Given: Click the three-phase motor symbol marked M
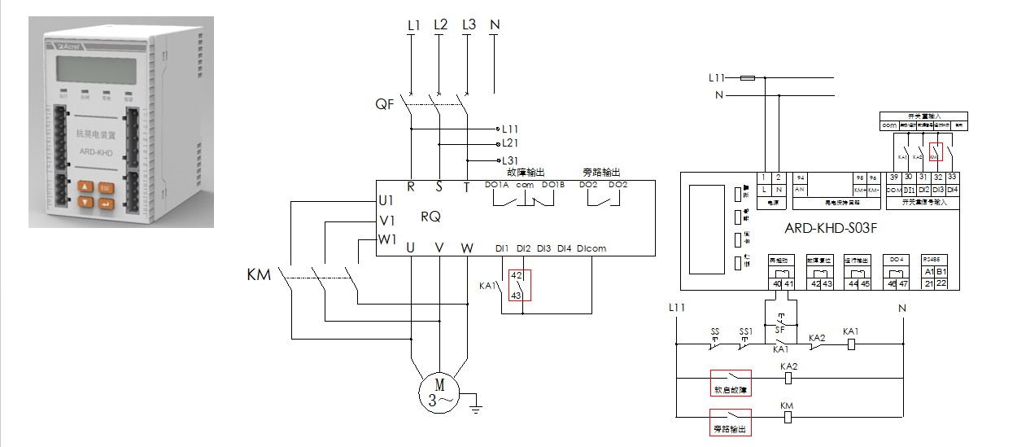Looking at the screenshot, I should click(439, 391).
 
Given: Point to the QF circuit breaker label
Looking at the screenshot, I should click(386, 105).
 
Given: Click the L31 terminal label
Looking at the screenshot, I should click(510, 160).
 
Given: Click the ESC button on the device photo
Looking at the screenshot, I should click(106, 186).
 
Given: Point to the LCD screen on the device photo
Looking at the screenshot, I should click(90, 72).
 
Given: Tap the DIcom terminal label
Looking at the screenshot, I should click(591, 248).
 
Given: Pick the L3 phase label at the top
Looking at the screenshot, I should click(468, 24).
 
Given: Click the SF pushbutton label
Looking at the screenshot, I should click(779, 330).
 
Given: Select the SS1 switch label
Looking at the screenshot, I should click(745, 333).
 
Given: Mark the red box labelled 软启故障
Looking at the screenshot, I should click(730, 383).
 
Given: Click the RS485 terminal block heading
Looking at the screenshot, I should click(932, 260).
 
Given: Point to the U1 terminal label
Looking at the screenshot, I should click(386, 200).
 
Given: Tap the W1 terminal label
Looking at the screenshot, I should click(386, 239).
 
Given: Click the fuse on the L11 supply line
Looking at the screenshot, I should click(747, 78).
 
